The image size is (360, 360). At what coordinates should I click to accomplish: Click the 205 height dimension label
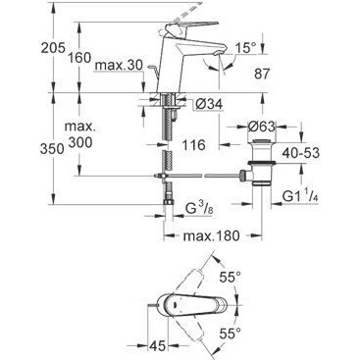pyautogui.click(x=53, y=48)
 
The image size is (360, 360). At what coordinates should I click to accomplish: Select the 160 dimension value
pyautogui.click(x=79, y=58)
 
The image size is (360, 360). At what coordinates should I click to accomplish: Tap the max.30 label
pyautogui.click(x=119, y=66)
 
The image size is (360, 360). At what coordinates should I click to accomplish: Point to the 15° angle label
pyautogui.click(x=246, y=48)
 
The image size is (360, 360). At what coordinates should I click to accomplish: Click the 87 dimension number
pyautogui.click(x=261, y=74)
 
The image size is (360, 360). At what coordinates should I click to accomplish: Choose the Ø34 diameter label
pyautogui.click(x=209, y=104)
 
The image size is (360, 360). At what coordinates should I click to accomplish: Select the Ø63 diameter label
pyautogui.click(x=262, y=127)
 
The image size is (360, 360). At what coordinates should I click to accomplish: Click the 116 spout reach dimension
pyautogui.click(x=194, y=144)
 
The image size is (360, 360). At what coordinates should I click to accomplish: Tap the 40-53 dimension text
pyautogui.click(x=301, y=152)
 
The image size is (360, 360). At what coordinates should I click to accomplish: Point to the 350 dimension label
pyautogui.click(x=52, y=149)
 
